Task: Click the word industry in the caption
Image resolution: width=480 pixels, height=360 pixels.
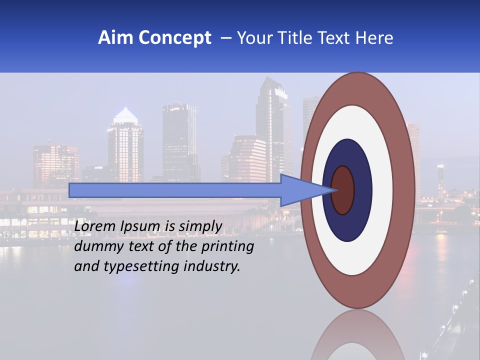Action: click(212, 266)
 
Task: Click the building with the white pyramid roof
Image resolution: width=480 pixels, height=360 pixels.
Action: click(125, 145)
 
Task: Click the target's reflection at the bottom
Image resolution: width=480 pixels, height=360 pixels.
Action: click(357, 337)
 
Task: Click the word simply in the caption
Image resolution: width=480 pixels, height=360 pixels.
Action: click(200, 226)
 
